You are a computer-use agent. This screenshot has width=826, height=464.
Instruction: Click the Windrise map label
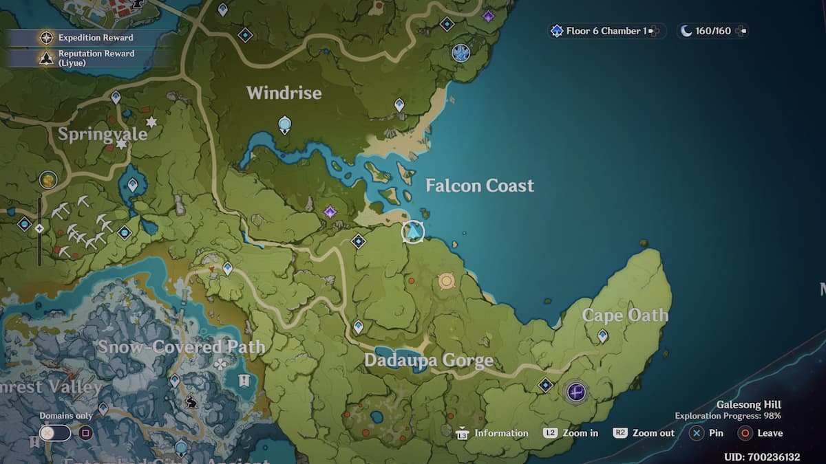click(284, 93)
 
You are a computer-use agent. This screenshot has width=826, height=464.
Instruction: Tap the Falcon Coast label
click(480, 186)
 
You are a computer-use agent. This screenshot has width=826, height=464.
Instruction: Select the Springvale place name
click(103, 133)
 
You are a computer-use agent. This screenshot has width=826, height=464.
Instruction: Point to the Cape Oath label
click(625, 316)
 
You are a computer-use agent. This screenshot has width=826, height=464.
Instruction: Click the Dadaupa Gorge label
click(428, 360)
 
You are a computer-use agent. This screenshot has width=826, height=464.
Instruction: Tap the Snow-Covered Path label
click(181, 347)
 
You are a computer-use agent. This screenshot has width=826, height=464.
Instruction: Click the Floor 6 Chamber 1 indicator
click(606, 31)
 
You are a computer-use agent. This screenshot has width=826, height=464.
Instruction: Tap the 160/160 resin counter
click(713, 31)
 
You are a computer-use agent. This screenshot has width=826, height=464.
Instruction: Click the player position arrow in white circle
click(413, 232)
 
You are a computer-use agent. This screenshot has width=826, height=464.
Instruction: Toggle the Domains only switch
click(55, 433)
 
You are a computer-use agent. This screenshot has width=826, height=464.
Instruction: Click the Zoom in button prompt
click(571, 433)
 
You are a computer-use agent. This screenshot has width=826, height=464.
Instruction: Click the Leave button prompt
click(761, 433)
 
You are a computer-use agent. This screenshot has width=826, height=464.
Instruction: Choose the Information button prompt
click(493, 433)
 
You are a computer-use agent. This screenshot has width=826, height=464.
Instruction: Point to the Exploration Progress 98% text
click(728, 416)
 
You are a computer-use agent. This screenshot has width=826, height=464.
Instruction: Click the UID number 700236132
click(762, 457)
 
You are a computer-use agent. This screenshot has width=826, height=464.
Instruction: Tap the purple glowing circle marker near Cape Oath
click(576, 392)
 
